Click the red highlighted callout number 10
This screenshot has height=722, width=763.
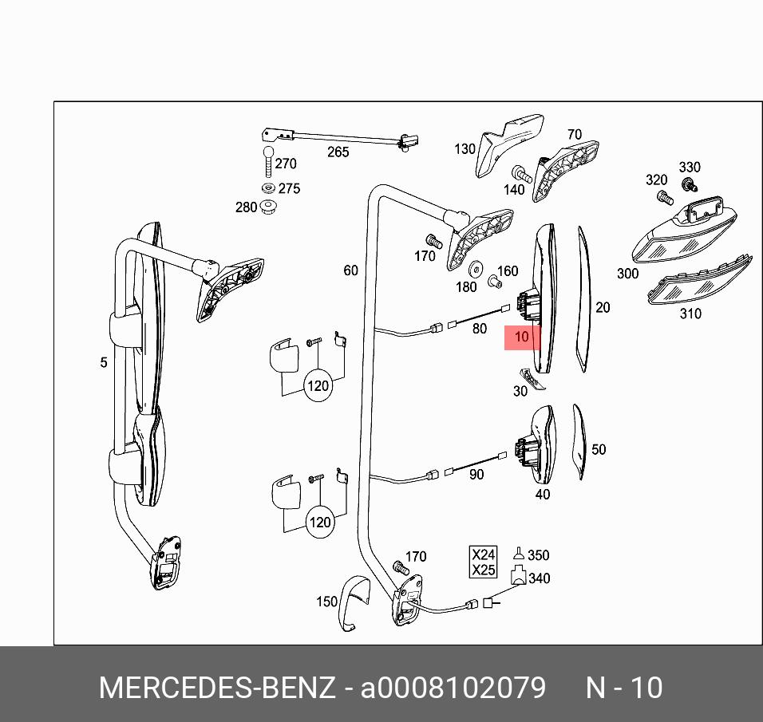pyautogui.click(x=521, y=337)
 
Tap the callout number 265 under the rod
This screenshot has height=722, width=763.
pyautogui.click(x=338, y=152)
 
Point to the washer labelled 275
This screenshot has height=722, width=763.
pyautogui.click(x=268, y=188)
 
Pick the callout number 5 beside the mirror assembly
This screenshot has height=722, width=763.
pyautogui.click(x=104, y=363)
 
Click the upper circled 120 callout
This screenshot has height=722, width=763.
pyautogui.click(x=318, y=386)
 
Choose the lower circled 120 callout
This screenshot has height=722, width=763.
pyautogui.click(x=319, y=523)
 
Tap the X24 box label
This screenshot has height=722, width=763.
pyautogui.click(x=484, y=554)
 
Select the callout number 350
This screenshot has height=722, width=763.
pyautogui.click(x=539, y=555)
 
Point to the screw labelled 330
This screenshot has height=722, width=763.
pyautogui.click(x=686, y=184)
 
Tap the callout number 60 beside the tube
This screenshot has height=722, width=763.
pyautogui.click(x=351, y=271)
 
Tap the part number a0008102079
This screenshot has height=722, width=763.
pyautogui.click(x=453, y=688)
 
